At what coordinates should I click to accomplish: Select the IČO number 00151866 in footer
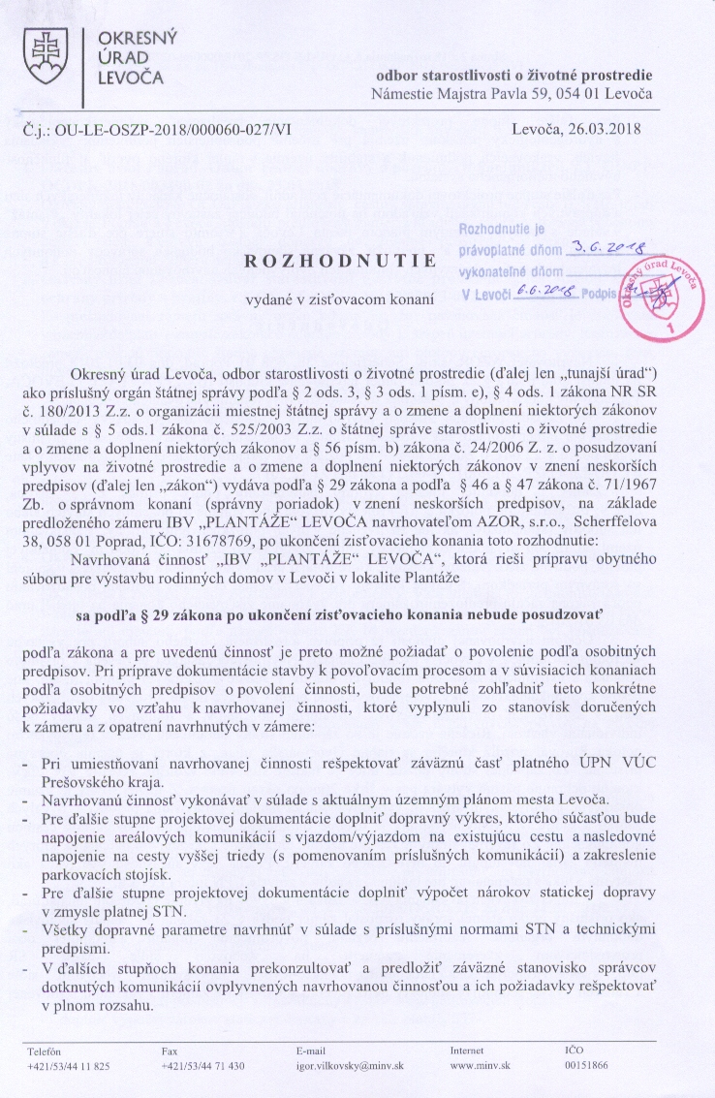586,1065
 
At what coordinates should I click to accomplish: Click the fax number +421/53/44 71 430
203,1065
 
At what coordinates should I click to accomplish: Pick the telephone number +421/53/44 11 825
69,1065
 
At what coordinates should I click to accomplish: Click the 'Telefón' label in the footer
45,1050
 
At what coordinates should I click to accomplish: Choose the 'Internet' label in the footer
468,1050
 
